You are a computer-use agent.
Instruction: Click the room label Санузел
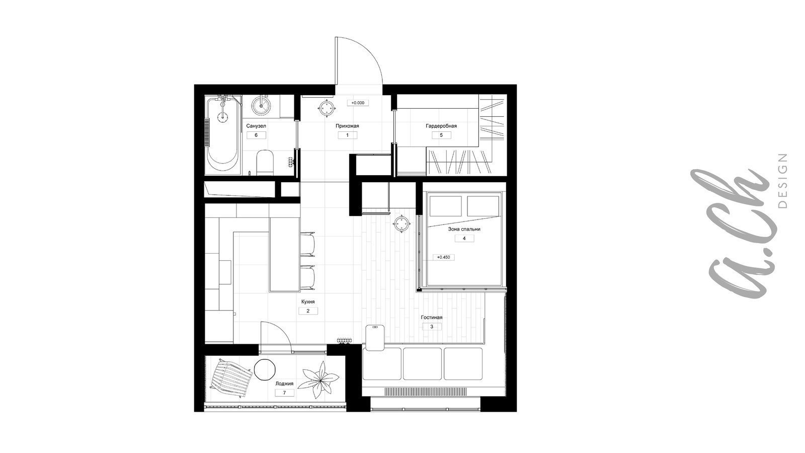pyautogui.click(x=256, y=126)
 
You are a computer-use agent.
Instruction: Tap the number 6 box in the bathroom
pyautogui.click(x=256, y=135)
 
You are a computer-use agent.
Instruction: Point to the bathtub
pyautogui.click(x=223, y=135)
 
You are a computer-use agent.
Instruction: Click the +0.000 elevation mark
pyautogui.click(x=358, y=103)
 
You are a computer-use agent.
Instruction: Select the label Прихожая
pyautogui.click(x=347, y=126)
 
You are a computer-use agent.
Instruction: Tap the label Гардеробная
pyautogui.click(x=441, y=126)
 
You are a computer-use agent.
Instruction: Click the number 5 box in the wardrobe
pyautogui.click(x=441, y=135)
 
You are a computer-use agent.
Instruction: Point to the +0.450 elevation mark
pyautogui.click(x=443, y=257)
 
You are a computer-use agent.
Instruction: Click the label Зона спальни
pyautogui.click(x=464, y=229)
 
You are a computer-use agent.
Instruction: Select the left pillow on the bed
pyautogui.click(x=446, y=206)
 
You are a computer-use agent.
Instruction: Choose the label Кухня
pyautogui.click(x=308, y=302)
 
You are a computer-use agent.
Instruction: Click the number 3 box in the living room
pyautogui.click(x=432, y=327)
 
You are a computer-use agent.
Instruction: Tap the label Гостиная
pyautogui.click(x=432, y=318)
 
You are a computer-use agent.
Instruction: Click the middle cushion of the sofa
pyautogui.click(x=422, y=363)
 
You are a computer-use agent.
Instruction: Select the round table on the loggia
pyautogui.click(x=265, y=369)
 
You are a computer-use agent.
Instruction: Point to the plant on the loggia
pyautogui.click(x=320, y=381)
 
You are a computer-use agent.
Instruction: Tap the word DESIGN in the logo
pyautogui.click(x=782, y=181)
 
